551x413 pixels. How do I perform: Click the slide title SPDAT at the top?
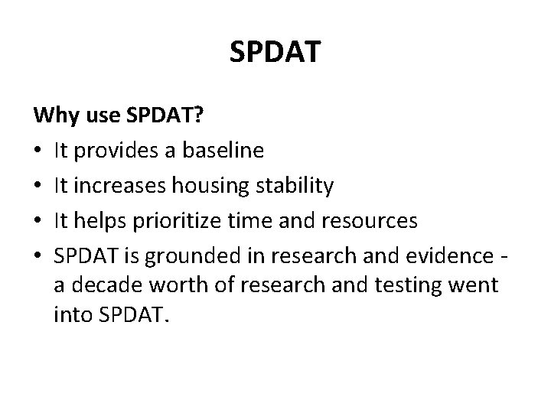[275, 53]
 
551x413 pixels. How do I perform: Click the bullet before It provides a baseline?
[39, 151]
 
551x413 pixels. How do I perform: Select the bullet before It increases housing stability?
[39, 187]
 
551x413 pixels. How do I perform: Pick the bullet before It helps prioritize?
[39, 222]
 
